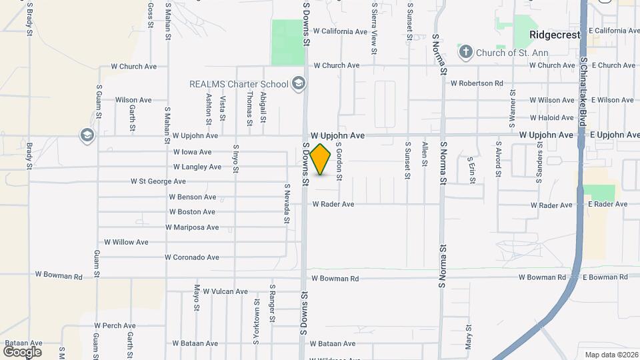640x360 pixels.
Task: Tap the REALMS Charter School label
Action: tap(238, 84)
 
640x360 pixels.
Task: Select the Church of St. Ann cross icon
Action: tap(465, 51)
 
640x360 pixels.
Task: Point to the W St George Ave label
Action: tap(158, 181)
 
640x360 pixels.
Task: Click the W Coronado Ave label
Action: tap(191, 257)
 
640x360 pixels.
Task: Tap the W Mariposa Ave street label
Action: tap(192, 227)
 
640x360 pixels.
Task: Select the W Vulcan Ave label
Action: tap(225, 291)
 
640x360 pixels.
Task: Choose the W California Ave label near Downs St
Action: tap(340, 31)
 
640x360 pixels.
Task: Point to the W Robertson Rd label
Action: tap(477, 83)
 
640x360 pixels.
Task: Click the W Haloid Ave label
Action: tap(551, 117)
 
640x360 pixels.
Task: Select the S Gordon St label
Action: tap(339, 161)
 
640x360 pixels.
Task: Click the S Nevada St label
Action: tap(287, 203)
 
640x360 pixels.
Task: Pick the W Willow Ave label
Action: tap(126, 242)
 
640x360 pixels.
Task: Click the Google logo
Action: tap(22, 351)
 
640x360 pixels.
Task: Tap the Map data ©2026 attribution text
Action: tap(611, 355)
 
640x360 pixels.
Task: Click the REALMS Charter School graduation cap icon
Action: tap(298, 84)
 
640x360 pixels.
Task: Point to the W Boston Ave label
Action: tap(192, 212)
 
